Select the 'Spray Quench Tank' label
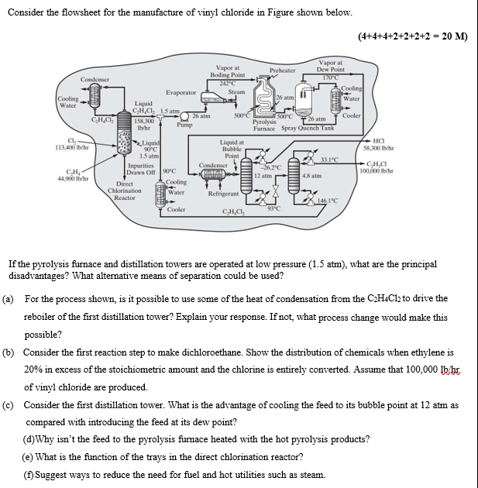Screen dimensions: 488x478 tap(308, 129)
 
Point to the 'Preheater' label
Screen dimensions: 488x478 tap(284, 70)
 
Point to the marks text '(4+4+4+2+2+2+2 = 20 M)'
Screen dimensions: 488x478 tap(414, 36)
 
